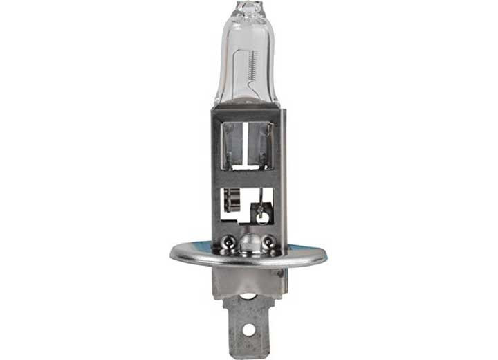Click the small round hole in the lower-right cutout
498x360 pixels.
pos(261,216)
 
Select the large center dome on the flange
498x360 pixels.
pos(250,242)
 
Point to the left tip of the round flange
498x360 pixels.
pos(172,253)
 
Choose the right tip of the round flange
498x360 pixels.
pos(326,253)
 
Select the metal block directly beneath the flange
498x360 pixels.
pos(250,280)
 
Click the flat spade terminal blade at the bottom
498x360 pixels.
pos(250,329)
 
